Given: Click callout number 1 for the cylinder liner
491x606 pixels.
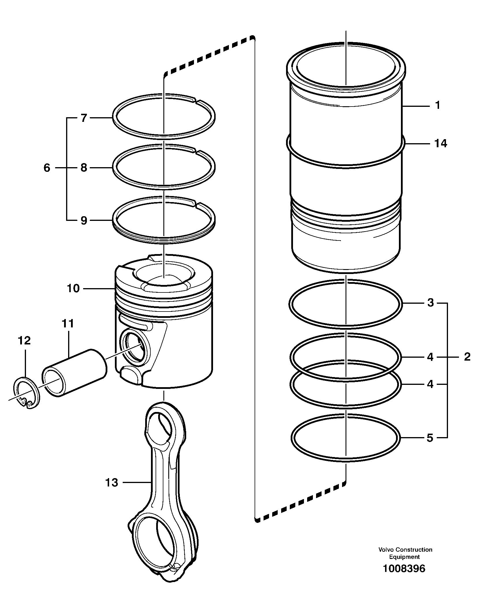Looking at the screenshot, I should [x=438, y=106].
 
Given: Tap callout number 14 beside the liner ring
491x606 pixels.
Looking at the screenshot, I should [x=440, y=143].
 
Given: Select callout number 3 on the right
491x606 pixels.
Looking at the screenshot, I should [x=430, y=303].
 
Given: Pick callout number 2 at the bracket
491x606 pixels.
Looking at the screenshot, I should [x=467, y=357].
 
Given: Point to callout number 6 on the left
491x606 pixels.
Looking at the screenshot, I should [x=47, y=168].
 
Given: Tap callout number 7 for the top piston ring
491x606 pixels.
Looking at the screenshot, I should [x=83, y=118].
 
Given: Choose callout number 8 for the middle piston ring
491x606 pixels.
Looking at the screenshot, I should [x=83, y=168].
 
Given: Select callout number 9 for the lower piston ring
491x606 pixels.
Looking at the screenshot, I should [x=83, y=221].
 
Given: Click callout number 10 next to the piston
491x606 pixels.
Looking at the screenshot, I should [x=73, y=288].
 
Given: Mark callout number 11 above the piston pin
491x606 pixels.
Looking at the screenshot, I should [x=68, y=324].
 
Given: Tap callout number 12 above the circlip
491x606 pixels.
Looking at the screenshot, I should [x=25, y=341].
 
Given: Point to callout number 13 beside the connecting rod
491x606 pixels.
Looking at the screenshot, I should [x=112, y=482].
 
